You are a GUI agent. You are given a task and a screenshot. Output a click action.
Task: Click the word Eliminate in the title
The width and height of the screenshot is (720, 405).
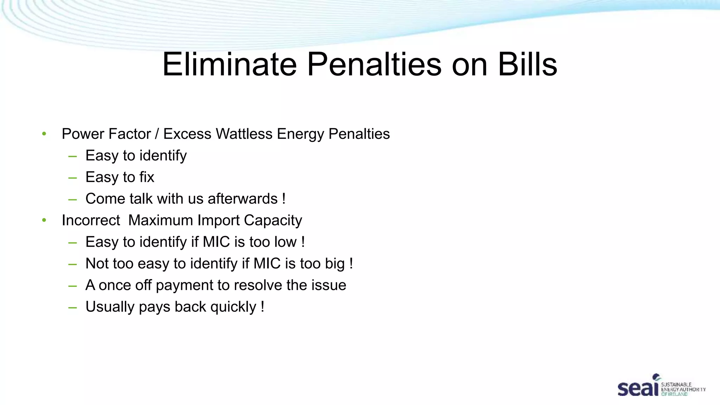[x=230, y=64]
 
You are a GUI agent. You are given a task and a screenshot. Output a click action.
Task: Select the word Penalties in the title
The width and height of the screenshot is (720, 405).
[x=374, y=64]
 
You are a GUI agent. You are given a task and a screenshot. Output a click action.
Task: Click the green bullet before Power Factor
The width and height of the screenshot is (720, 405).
[x=44, y=134]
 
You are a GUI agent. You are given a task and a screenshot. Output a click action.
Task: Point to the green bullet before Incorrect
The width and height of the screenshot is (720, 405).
[x=44, y=220]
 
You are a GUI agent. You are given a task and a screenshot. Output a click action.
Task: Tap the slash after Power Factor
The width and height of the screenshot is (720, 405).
[x=157, y=134]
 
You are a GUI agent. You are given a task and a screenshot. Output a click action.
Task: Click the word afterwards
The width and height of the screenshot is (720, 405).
[x=243, y=199]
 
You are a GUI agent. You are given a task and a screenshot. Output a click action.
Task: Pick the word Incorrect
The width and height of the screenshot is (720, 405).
[x=91, y=220]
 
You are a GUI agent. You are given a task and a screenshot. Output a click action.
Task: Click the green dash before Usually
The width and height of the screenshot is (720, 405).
[x=73, y=307]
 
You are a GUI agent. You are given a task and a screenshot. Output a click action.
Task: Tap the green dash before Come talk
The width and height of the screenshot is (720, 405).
[x=73, y=199]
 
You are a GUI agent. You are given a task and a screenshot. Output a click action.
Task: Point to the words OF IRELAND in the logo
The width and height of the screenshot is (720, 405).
[x=674, y=394]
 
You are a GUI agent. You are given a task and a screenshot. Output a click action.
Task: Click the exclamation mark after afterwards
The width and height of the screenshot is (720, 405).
[x=284, y=199]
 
